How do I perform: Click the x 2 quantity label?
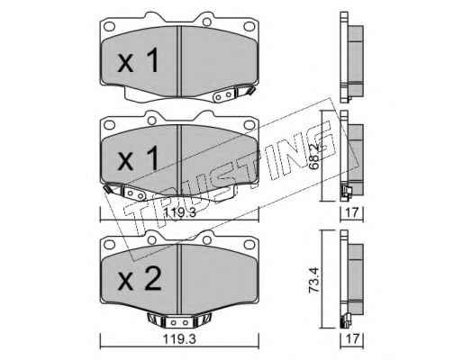click(x=140, y=278)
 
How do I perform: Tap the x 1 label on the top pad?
click(x=138, y=60)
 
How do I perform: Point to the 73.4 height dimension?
click(x=314, y=280)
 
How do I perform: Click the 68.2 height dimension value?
click(x=314, y=161)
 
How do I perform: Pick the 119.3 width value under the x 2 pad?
click(x=179, y=339)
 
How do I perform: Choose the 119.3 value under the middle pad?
click(x=180, y=212)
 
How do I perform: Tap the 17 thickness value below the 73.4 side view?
click(x=352, y=339)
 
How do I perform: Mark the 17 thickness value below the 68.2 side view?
click(x=352, y=212)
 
